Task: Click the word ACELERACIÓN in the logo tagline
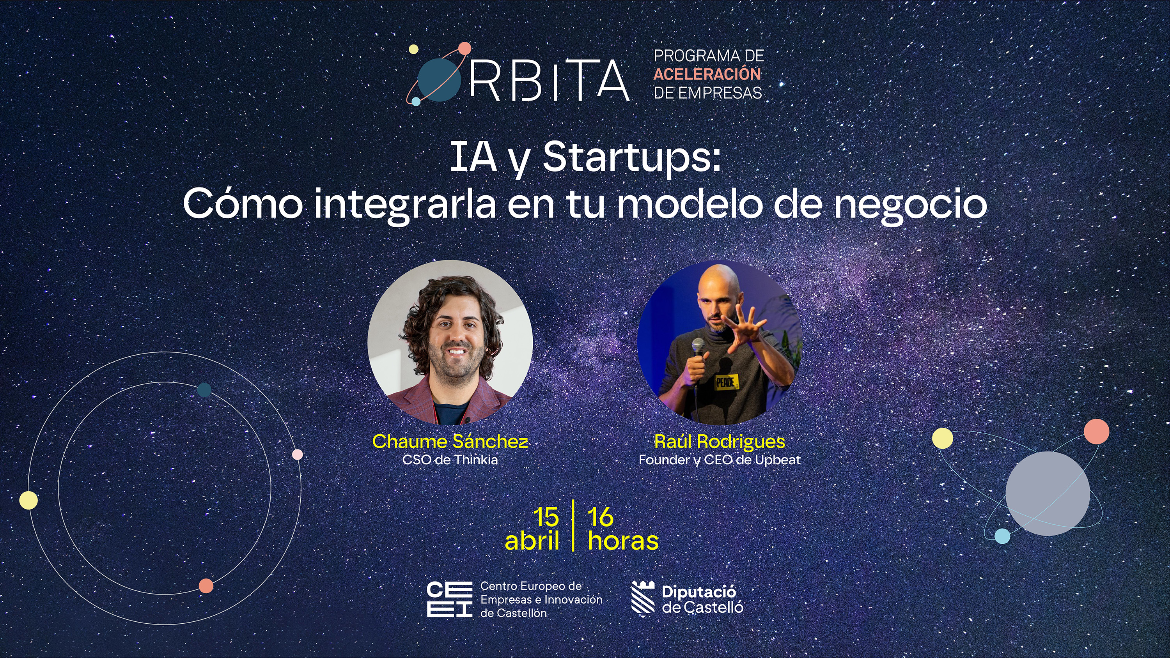[x=707, y=74]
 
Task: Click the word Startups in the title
[x=632, y=157]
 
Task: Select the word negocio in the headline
[x=910, y=204]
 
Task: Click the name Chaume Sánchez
[x=450, y=441]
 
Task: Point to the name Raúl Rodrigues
[x=720, y=441]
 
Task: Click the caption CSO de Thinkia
[x=450, y=460]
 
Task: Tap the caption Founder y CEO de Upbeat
[x=720, y=460]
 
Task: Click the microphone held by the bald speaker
[x=698, y=348]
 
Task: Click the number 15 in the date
[x=546, y=517]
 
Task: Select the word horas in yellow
[x=623, y=541]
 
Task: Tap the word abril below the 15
[x=532, y=541]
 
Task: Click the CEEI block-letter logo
[x=450, y=600]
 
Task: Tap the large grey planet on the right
[x=1048, y=493]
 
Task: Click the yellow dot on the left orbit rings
[x=28, y=500]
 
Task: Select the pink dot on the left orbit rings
[x=297, y=455]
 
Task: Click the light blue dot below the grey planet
[x=1002, y=536]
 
